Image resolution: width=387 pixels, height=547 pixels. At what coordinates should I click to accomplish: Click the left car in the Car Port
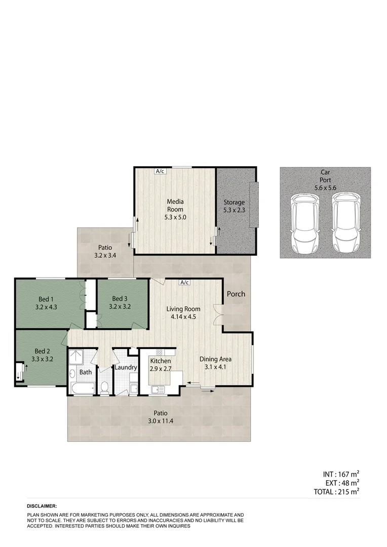pos(303,225)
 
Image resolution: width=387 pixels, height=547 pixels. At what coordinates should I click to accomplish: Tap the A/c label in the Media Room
pos(160,171)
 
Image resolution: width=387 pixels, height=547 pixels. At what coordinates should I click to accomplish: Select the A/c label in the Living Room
pos(184,283)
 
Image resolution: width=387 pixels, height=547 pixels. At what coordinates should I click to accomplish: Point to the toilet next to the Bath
pos(105,387)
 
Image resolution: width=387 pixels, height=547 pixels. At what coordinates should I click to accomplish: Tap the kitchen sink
pos(158,389)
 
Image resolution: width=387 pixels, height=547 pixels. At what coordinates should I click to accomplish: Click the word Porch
pos(236,294)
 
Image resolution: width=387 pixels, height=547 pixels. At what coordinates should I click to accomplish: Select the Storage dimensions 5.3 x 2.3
pos(234,210)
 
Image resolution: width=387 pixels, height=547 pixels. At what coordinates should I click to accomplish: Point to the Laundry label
pos(125,367)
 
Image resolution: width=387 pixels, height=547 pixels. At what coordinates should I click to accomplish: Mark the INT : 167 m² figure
pos(341,475)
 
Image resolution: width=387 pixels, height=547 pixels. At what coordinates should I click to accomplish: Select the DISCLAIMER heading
pos(42,506)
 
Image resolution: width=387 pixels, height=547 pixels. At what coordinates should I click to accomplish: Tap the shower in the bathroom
pos(78,357)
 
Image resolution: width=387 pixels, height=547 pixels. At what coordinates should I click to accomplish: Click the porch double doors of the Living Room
pos(218,314)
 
